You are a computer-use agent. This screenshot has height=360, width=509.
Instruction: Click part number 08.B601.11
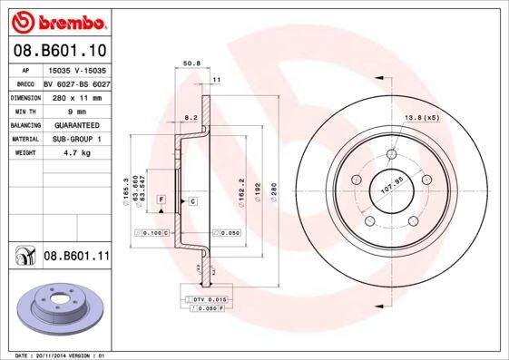[76, 257]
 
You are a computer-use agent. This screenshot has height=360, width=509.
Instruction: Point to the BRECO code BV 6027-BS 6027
[75, 83]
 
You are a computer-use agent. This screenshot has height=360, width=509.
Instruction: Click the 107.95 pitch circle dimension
[390, 190]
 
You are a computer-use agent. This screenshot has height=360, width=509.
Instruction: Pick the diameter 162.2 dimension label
[240, 189]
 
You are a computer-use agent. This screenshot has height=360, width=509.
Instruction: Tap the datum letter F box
[161, 198]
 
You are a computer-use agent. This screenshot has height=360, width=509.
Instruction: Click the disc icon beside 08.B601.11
[23, 258]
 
